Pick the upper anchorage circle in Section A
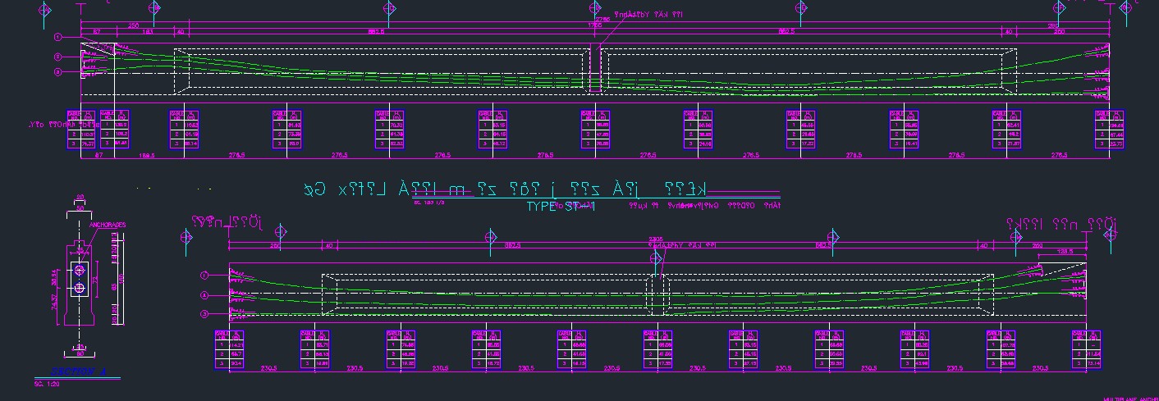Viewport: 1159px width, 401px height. click(x=80, y=270)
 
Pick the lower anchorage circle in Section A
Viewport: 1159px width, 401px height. click(x=80, y=288)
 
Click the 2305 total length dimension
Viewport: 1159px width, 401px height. click(x=655, y=239)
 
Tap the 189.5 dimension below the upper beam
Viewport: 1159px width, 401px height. click(x=148, y=154)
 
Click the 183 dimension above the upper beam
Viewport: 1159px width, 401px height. click(x=149, y=32)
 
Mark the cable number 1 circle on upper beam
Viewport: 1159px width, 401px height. click(x=58, y=37)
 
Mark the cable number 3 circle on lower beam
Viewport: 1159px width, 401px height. click(x=205, y=314)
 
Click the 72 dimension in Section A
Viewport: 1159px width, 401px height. click(x=94, y=279)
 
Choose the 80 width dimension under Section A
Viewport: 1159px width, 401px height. click(x=80, y=354)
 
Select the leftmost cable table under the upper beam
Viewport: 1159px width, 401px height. click(x=80, y=130)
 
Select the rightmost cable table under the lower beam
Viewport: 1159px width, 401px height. click(x=1086, y=351)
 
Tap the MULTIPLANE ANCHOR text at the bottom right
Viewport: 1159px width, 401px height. click(x=1130, y=399)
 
